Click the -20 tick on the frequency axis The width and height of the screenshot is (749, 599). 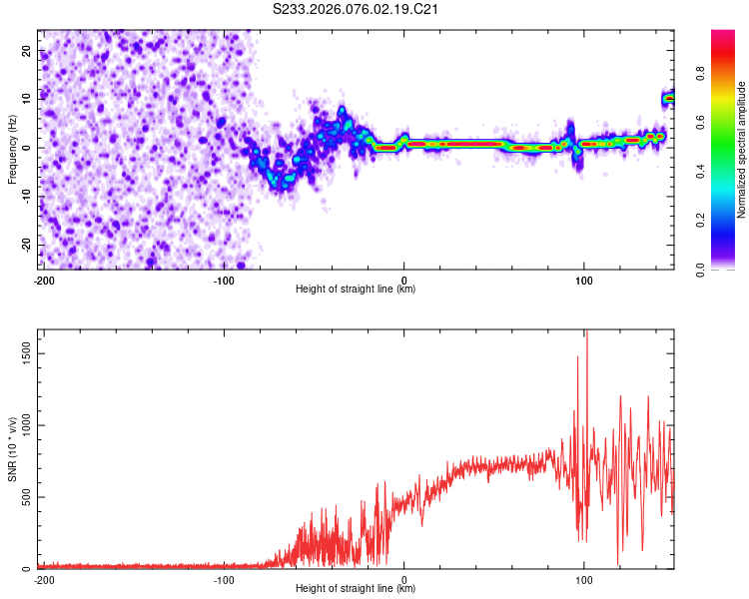point(26,245)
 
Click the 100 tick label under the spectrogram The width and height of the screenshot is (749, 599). point(583,280)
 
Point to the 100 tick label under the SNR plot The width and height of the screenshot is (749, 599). point(583,579)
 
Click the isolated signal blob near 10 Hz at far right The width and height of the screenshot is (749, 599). point(669,99)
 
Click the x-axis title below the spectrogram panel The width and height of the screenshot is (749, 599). point(356,289)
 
